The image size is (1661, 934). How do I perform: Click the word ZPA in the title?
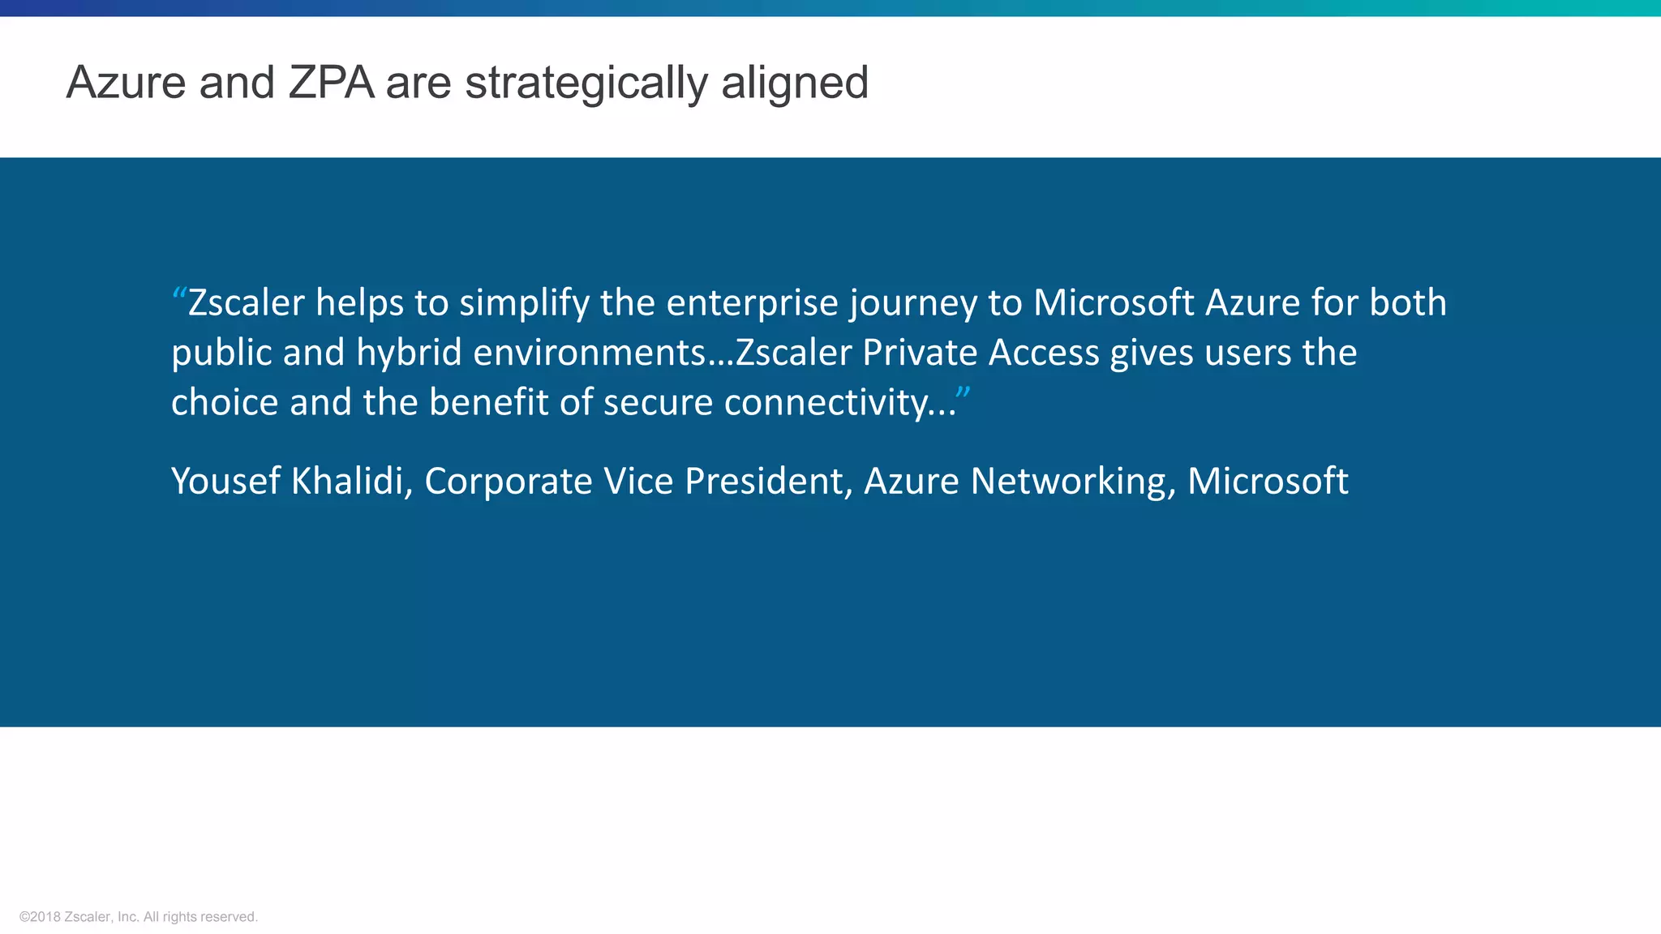[331, 83]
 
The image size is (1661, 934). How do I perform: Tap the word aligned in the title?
[795, 83]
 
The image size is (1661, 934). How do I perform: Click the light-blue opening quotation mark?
[178, 293]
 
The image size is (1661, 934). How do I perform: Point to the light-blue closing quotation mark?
[963, 393]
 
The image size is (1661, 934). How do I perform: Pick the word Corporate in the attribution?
[509, 481]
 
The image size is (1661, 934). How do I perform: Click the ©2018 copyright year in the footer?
[40, 917]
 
